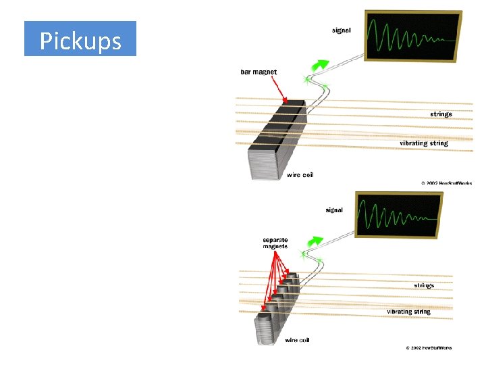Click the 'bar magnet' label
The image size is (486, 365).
pyautogui.click(x=259, y=72)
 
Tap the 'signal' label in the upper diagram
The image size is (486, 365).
pyautogui.click(x=342, y=30)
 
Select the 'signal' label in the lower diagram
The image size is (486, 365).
pyautogui.click(x=334, y=210)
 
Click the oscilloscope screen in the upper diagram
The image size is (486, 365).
pyautogui.click(x=413, y=35)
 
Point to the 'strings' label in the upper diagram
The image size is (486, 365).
pyautogui.click(x=441, y=114)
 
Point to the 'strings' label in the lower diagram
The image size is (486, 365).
pyautogui.click(x=424, y=285)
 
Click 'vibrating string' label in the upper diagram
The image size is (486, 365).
pyautogui.click(x=423, y=143)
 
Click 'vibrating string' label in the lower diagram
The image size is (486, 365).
pyautogui.click(x=408, y=312)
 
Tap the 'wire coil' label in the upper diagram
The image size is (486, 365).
pyautogui.click(x=300, y=175)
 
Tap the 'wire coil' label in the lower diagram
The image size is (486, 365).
pyautogui.click(x=297, y=340)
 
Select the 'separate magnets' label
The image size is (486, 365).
pyautogui.click(x=275, y=243)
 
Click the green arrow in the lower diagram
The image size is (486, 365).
pyautogui.click(x=313, y=241)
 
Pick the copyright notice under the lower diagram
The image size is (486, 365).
pyautogui.click(x=429, y=347)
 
